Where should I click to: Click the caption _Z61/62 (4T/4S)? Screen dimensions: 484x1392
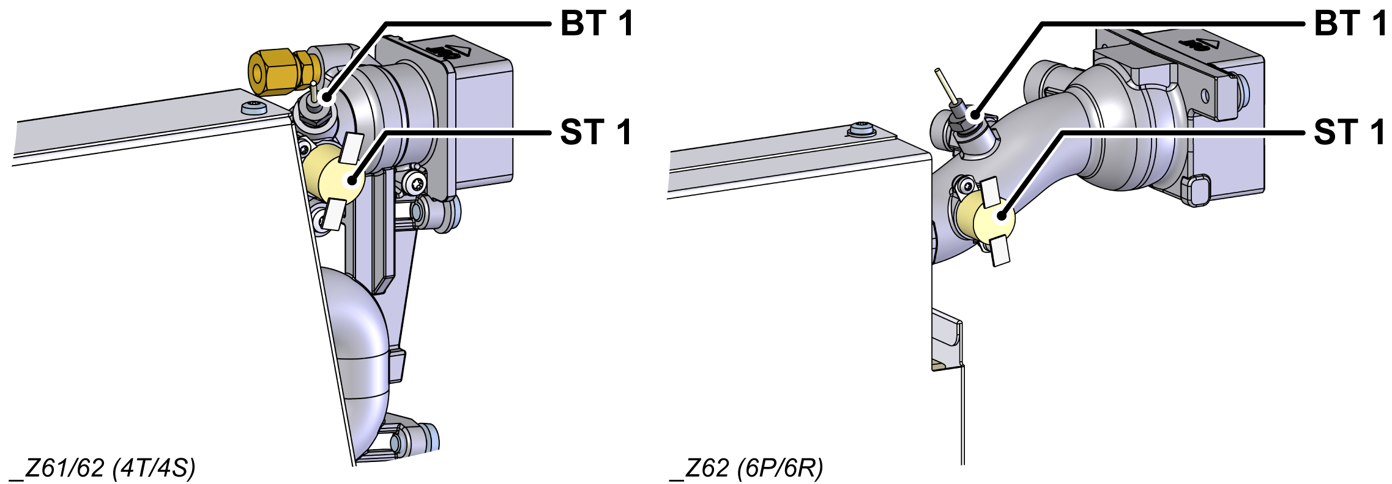103,468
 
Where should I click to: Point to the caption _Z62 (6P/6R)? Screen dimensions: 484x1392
746,468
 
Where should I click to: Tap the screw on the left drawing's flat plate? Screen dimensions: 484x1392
254,108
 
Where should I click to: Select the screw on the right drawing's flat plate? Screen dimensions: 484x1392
862,130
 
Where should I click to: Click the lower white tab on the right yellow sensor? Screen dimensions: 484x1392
1000,251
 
